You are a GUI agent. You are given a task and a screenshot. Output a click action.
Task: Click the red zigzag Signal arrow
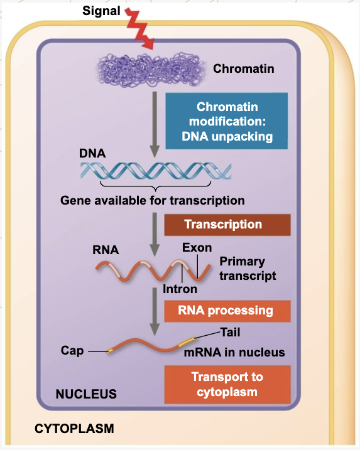[139, 28]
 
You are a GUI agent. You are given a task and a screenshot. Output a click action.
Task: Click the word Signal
[101, 11]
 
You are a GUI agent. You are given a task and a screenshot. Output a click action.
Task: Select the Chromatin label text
[244, 69]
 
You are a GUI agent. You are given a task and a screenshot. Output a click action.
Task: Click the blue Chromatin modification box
[227, 121]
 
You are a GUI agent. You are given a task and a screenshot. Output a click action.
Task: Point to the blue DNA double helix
[156, 171]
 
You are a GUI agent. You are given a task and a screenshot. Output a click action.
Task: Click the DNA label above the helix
[92, 153]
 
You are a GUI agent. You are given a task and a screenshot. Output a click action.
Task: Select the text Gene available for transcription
[153, 200]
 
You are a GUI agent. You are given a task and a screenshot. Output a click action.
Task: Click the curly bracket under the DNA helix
[155, 186]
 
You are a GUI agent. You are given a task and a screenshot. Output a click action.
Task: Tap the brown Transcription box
[227, 225]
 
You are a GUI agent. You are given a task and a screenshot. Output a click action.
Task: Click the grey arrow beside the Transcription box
[155, 235]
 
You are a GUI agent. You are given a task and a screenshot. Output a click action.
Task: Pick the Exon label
[197, 248]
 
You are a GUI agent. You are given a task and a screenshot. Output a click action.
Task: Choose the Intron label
[180, 289]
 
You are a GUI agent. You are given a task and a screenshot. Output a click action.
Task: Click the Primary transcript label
[248, 269]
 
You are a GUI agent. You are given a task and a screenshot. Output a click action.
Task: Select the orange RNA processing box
[227, 311]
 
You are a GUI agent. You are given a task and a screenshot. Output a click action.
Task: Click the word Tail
[230, 333]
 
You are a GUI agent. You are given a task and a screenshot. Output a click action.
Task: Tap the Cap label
[72, 351]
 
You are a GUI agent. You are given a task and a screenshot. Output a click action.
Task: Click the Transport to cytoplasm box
[227, 385]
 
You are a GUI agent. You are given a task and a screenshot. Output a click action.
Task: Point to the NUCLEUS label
[86, 394]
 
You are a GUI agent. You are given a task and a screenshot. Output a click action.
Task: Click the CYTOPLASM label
[74, 429]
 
